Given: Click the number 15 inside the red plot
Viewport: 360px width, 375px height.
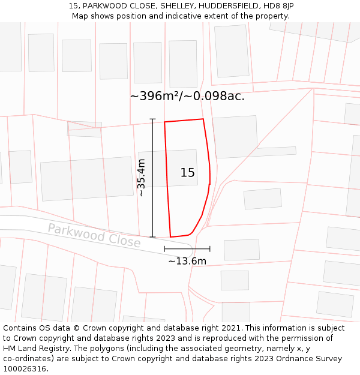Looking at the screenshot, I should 187,173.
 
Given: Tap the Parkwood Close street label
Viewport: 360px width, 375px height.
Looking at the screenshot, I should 94,235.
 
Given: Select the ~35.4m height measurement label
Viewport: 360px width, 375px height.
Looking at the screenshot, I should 142,178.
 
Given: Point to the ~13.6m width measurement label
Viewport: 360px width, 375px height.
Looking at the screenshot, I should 187,261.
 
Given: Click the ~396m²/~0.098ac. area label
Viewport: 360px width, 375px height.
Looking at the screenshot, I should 187,96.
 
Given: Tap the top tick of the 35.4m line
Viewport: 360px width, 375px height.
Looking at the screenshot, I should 153,119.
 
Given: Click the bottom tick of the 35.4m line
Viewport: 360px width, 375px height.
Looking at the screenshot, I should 153,237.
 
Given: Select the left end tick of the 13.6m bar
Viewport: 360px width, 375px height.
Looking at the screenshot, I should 164,248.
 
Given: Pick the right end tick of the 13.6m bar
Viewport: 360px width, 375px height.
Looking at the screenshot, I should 210,248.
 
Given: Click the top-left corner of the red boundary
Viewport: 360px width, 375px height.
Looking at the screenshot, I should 164,122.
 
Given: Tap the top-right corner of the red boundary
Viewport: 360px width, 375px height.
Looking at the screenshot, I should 203,119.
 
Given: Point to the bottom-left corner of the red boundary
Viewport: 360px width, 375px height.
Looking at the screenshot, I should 170,237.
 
